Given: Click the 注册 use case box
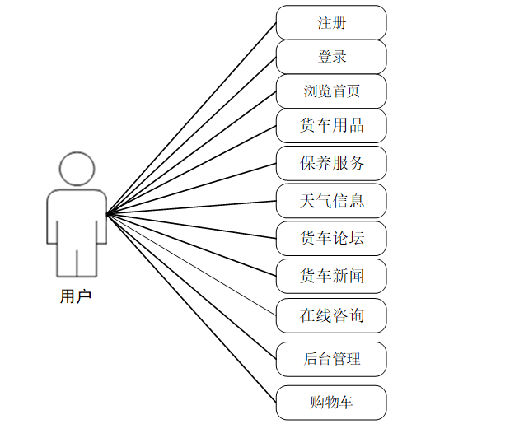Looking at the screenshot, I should coord(331,22).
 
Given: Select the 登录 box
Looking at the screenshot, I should coord(331,57).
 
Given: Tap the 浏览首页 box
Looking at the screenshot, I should coord(331,91).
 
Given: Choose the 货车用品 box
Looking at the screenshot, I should coord(331,126).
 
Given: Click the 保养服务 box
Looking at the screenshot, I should coord(331,163).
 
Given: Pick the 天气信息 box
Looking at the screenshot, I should coord(331,201).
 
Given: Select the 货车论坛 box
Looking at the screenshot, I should coord(331,238).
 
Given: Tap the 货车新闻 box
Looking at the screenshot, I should coord(331,276).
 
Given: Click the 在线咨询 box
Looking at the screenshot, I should coord(331,315).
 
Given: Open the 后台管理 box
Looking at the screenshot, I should coord(331,359).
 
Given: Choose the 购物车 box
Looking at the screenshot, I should coord(331,403).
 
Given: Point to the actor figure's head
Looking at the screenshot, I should coord(77,170).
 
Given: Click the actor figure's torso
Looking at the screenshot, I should coord(77,218).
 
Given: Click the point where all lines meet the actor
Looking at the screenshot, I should coord(108,213).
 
